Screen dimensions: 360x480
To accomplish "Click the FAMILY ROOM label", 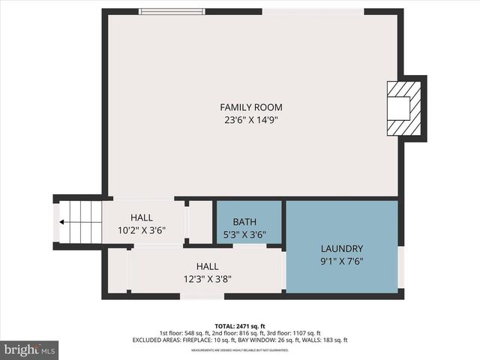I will click(x=250, y=107).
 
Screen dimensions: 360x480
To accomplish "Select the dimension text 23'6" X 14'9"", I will click(x=250, y=119).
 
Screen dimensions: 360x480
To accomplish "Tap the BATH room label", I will click(x=244, y=222).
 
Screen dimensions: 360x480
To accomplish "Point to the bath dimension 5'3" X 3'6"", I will click(x=244, y=234).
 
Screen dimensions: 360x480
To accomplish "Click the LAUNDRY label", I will click(x=341, y=249).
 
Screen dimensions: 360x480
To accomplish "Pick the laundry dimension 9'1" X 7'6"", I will click(x=341, y=261).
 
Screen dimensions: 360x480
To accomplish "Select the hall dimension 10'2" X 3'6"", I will click(x=142, y=230).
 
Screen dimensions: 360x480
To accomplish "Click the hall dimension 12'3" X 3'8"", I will click(x=208, y=278).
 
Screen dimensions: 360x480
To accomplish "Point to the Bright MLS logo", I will click(x=29, y=349).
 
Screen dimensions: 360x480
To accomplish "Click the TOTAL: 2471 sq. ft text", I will click(x=239, y=326).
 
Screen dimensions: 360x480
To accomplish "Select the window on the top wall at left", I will click(x=172, y=11).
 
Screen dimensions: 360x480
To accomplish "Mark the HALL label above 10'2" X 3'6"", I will click(x=142, y=217).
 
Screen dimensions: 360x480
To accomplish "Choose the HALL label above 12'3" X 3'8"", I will click(x=208, y=266).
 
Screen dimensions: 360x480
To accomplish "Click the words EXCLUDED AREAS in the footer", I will click(x=156, y=340).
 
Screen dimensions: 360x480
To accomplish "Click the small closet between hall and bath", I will click(x=199, y=222).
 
